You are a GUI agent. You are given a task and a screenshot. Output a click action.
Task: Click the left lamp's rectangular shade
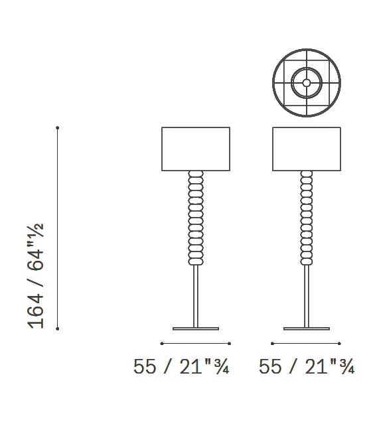196,149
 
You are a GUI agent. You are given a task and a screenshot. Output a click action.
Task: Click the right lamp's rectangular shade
307,149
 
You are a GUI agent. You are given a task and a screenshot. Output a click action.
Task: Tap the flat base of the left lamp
196,328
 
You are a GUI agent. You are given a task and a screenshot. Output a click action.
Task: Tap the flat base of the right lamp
307,328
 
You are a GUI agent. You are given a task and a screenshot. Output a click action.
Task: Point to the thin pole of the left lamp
196,296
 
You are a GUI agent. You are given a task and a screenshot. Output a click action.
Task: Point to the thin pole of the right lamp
307,296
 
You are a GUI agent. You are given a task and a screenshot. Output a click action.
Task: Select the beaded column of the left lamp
196,218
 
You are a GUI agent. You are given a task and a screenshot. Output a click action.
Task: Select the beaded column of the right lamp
307,218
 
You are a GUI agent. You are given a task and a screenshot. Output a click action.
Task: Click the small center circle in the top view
307,83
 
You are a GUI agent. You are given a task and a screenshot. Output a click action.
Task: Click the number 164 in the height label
36,311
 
